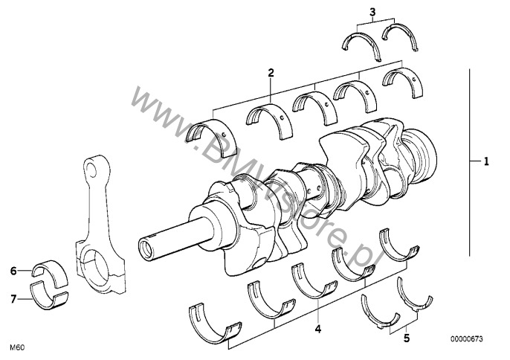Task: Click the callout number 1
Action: click(486, 161)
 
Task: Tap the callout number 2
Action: click(271, 73)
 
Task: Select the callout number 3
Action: click(372, 13)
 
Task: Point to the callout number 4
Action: click(318, 329)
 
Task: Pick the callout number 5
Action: click(407, 338)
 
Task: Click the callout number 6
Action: click(13, 271)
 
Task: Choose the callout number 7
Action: click(13, 299)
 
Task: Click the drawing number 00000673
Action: click(467, 339)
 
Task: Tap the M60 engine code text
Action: click(17, 347)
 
